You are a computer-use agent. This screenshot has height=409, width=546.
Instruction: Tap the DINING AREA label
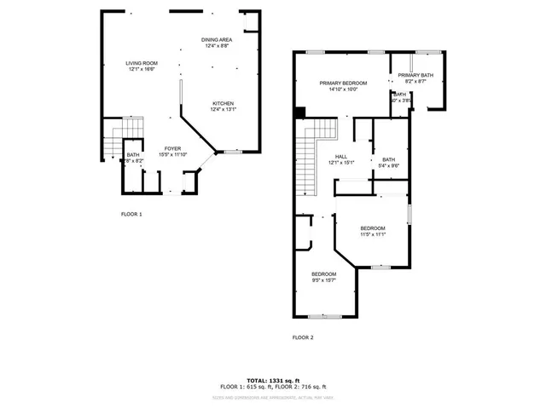coord(217,40)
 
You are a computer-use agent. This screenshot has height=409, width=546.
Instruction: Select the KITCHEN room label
coord(223,103)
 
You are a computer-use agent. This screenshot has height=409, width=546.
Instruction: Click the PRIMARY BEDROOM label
coord(343,83)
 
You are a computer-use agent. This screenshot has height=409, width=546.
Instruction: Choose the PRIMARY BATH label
coord(415,75)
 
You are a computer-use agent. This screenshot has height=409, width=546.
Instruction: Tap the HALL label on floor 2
coord(340,156)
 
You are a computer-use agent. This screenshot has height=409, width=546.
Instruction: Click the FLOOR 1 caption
coord(131,214)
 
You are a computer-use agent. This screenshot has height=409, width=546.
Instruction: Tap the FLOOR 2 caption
coord(303,337)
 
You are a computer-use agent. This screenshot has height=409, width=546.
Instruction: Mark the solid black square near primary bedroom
coord(299,111)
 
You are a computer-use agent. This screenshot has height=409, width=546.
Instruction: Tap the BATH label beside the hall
coord(388,159)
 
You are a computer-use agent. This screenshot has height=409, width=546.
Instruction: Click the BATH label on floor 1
coord(133,154)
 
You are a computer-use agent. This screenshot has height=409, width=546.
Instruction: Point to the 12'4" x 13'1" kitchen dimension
coord(223,109)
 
